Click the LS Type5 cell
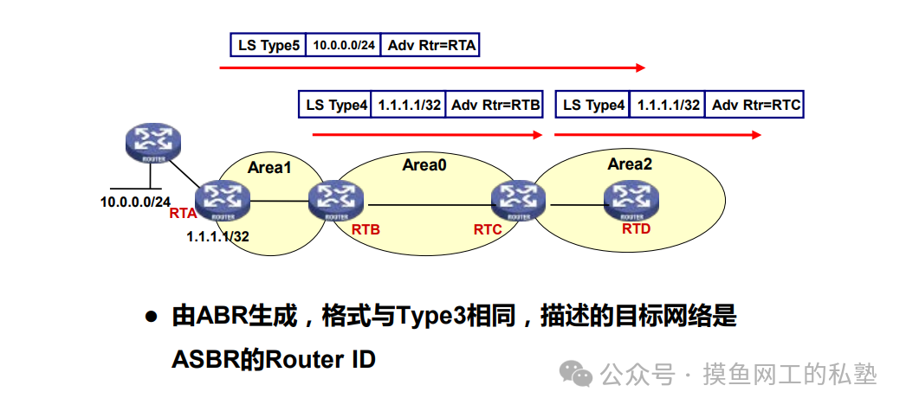tap(269, 45)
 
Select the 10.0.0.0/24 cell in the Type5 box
tap(344, 45)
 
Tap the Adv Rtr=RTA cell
tap(430, 45)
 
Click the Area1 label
tap(269, 167)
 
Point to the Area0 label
tap(424, 164)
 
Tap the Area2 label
tap(630, 164)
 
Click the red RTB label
tap(366, 230)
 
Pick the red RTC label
tap(488, 230)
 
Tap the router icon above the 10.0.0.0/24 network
tap(152, 143)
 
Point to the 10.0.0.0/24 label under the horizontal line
tap(135, 202)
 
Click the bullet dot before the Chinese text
tap(151, 318)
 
